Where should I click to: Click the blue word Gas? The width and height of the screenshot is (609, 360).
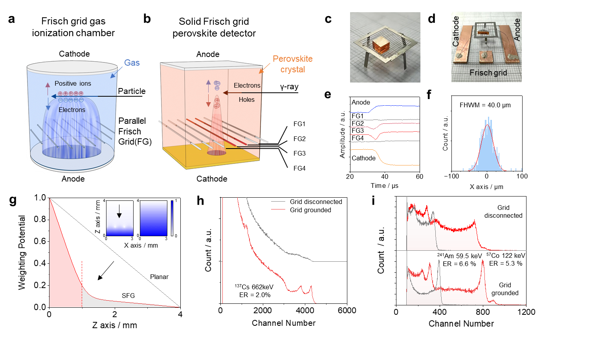[132, 63]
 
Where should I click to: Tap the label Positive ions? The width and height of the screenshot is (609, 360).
[73, 83]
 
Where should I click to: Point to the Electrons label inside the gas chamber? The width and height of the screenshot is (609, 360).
[72, 110]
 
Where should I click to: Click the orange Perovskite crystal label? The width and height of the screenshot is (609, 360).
[293, 64]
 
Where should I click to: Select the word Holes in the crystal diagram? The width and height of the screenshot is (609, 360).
[246, 99]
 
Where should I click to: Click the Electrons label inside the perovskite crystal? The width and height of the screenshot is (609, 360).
[247, 85]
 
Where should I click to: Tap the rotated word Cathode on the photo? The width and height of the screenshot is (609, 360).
[456, 31]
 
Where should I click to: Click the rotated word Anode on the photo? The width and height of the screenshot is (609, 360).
[517, 29]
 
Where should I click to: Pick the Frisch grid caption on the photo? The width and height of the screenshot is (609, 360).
[488, 73]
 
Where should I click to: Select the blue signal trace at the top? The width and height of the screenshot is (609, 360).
[397, 106]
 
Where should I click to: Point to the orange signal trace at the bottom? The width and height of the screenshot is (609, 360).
[397, 164]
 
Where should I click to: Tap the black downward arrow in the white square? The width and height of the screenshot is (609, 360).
[119, 211]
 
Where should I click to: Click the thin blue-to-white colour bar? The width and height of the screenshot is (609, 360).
[172, 218]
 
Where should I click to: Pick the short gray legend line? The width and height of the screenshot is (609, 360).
[278, 202]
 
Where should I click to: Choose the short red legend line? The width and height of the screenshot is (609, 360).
[278, 209]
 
